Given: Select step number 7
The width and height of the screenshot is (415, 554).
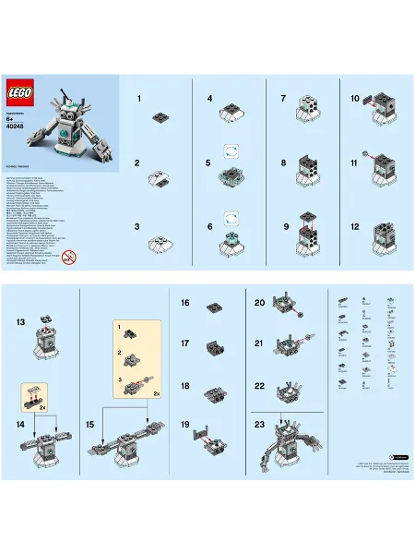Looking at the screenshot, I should tap(283, 98).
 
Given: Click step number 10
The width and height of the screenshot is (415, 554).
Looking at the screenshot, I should tap(355, 98).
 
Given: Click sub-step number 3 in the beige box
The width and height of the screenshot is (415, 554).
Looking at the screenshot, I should tap(119, 379).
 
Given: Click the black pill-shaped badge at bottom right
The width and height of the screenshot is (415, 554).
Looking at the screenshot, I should tap(398, 456).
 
